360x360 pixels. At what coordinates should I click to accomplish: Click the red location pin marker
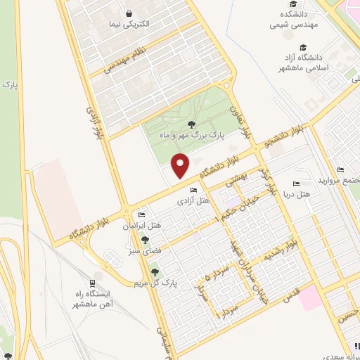tap(181, 165)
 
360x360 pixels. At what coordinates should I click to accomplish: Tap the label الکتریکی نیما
tap(128, 25)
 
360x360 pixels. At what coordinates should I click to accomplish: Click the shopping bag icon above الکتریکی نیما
tap(128, 13)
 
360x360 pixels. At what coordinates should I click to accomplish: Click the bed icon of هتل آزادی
tap(194, 191)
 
